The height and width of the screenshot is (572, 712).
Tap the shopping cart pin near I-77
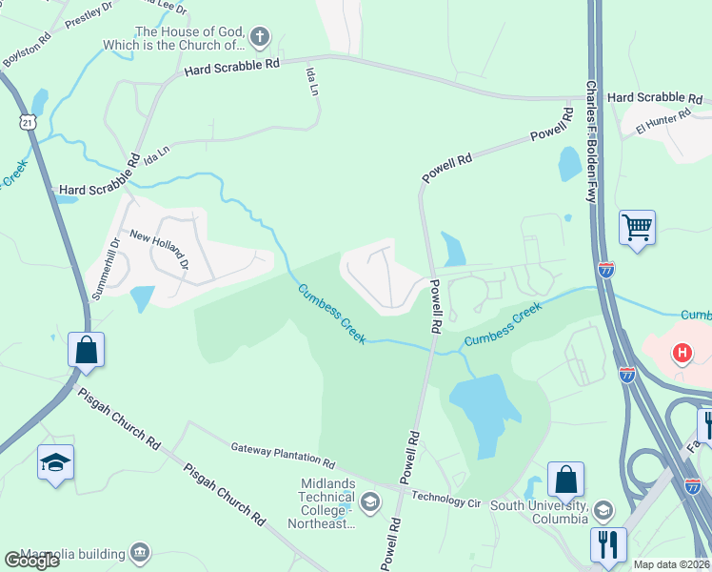(637, 229)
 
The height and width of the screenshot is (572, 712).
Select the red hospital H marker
(682, 354)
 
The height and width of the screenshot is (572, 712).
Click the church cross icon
(260, 38)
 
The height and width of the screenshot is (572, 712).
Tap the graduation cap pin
(55, 463)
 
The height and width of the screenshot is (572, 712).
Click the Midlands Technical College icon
(369, 501)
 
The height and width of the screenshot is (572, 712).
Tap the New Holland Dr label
(160, 250)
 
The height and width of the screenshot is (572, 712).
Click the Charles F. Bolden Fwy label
(591, 143)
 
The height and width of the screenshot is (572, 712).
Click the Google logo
(31, 560)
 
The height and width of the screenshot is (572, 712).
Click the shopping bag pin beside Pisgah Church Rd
(86, 350)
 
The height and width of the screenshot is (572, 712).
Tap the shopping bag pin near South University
(565, 480)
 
